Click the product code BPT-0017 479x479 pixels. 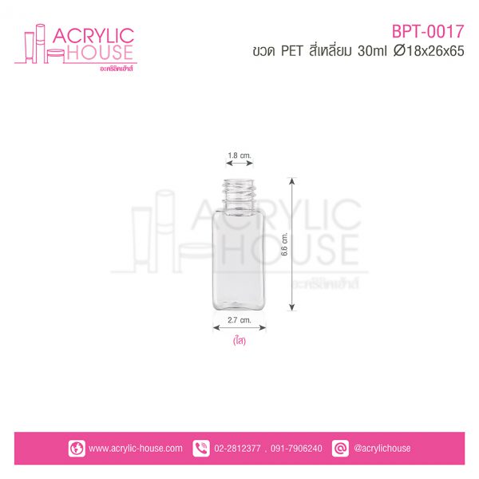(428, 31)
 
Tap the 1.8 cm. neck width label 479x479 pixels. (239, 156)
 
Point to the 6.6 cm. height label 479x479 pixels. (284, 244)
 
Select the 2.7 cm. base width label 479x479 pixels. (239, 320)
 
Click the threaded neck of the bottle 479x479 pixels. (239, 193)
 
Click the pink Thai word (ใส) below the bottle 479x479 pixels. (239, 340)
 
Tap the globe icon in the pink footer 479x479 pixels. (77, 449)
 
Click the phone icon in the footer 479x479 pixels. (201, 449)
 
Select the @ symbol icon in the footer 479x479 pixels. (340, 449)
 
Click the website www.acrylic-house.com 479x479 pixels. (136, 449)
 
